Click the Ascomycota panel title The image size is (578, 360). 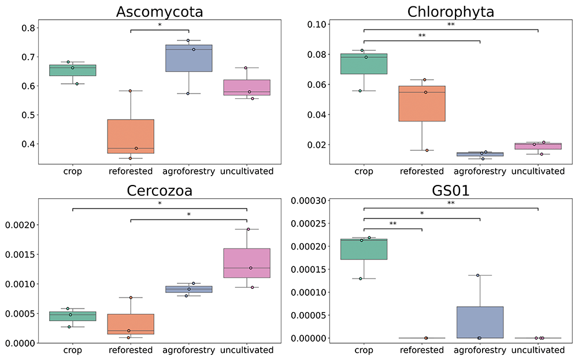160,12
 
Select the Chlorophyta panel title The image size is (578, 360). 450,12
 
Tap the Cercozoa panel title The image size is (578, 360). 160,191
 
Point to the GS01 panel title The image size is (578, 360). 450,191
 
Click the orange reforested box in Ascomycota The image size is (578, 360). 131,136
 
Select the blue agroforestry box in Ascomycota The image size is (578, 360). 189,58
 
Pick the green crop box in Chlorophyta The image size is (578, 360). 364,64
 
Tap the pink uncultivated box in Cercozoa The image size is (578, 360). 247,263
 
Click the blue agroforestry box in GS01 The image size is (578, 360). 480,322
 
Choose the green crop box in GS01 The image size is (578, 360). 364,249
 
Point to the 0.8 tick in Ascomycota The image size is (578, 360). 28,28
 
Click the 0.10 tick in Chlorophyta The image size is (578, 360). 317,24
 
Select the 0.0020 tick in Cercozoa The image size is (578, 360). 20,225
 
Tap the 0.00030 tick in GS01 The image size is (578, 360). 309,201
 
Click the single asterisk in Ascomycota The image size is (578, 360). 160,25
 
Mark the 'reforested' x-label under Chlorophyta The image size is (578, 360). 422,172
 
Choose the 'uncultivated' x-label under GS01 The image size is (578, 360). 538,350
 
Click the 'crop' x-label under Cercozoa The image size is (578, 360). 73,350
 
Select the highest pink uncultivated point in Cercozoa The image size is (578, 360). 248,229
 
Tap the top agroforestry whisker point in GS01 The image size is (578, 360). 478,275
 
